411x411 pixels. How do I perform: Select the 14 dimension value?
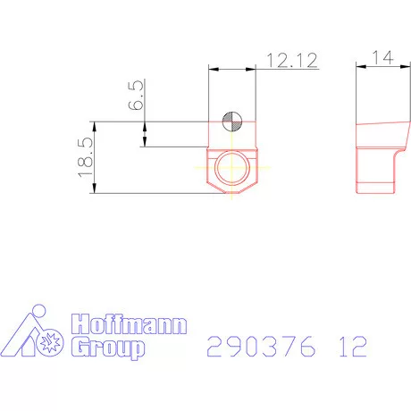[382, 57]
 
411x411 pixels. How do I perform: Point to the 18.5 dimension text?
[86, 157]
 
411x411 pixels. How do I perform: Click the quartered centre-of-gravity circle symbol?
[231, 123]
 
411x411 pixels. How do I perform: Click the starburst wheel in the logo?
[51, 342]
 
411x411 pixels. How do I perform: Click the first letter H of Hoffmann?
[78, 324]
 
